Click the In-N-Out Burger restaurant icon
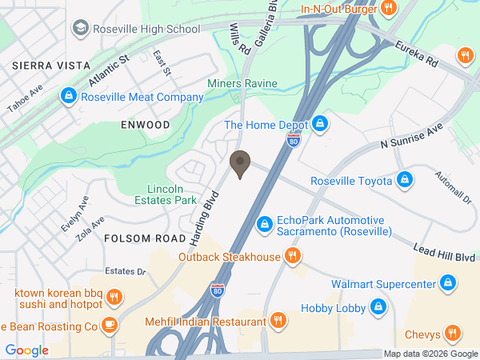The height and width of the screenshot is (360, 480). (x=388, y=9)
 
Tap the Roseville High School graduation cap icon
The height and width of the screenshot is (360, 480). (x=80, y=30)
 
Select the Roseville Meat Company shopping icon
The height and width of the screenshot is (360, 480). (x=69, y=98)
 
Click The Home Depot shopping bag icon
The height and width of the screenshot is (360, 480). (x=320, y=124)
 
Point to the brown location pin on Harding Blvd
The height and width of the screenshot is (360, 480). (x=239, y=164)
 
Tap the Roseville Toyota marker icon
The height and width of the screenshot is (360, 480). (x=405, y=181)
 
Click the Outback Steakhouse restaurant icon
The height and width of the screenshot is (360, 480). (x=293, y=257)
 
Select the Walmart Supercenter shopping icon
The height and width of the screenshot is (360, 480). (x=448, y=284)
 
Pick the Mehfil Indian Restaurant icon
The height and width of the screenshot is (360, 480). (x=278, y=322)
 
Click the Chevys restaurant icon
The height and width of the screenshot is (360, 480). (x=453, y=333)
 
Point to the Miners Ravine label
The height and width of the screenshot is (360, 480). (x=242, y=83)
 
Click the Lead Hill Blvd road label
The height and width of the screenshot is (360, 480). (x=445, y=254)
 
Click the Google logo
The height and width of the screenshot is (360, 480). (x=26, y=350)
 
